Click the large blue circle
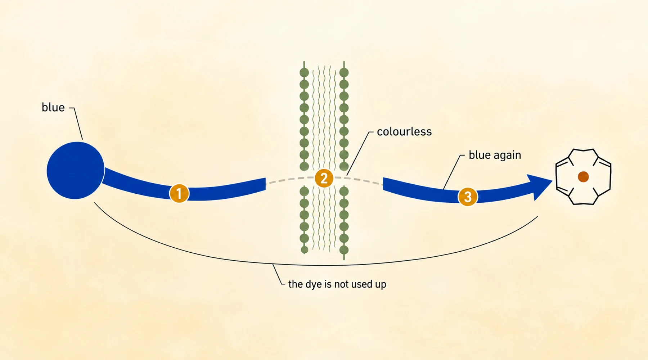(76, 170)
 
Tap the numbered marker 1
(179, 193)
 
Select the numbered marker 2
(324, 178)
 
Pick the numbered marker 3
(468, 197)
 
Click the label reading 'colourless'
(404, 132)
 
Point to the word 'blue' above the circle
(53, 107)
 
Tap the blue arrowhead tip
(552, 181)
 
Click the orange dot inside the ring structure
(583, 177)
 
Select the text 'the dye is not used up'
(337, 284)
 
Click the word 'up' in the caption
(381, 285)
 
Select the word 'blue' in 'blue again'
(480, 155)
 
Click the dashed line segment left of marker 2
(290, 180)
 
